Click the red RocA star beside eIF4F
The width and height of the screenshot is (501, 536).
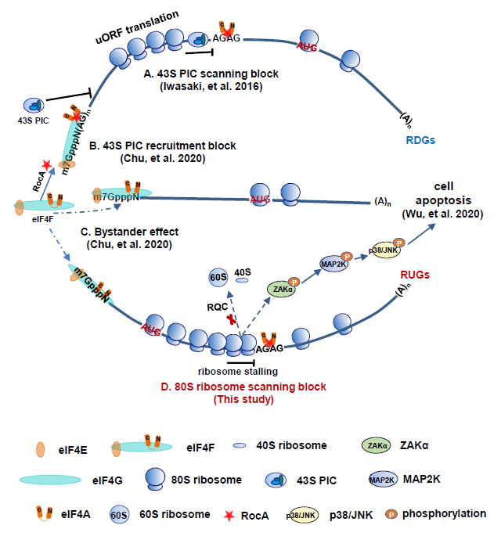47,164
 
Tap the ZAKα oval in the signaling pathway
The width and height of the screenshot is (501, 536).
283,288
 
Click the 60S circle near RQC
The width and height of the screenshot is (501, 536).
218,278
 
